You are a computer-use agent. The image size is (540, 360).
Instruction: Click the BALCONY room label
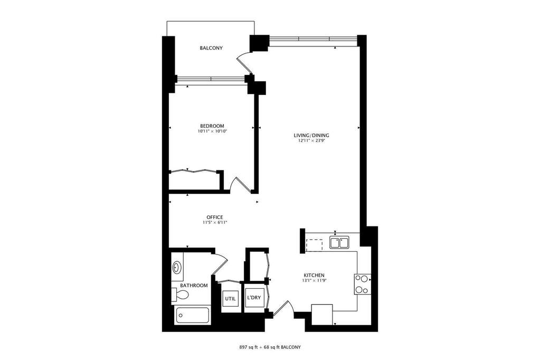[x=211, y=48]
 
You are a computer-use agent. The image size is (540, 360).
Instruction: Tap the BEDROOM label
[x=212, y=126]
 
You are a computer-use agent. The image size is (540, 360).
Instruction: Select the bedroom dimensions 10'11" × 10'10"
[x=213, y=131]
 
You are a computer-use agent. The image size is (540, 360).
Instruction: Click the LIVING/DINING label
[x=311, y=135]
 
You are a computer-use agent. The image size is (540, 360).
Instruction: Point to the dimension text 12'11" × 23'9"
[x=311, y=140]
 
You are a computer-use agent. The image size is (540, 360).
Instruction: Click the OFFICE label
[x=214, y=217]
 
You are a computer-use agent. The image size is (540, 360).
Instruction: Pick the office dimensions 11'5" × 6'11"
[x=214, y=223]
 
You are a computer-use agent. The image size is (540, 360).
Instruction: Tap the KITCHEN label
[x=314, y=275]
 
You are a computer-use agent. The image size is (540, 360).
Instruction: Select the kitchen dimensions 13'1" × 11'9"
[x=314, y=280]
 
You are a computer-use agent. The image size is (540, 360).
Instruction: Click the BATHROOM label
[x=194, y=285]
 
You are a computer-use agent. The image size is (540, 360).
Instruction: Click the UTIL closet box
[x=230, y=298]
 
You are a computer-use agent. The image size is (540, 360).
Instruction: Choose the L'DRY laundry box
[x=254, y=298]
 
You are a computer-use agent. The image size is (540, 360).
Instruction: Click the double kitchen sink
[x=339, y=242]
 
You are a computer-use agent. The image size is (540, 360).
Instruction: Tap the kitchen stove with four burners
[x=363, y=284]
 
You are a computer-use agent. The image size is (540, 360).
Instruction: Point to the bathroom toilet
[x=180, y=295]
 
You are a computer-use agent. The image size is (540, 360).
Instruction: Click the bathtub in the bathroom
[x=193, y=315]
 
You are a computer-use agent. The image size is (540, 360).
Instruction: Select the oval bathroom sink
[x=177, y=267]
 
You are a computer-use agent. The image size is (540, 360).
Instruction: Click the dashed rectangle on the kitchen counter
[x=314, y=245]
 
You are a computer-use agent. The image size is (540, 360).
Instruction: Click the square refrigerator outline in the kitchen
[x=322, y=314]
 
